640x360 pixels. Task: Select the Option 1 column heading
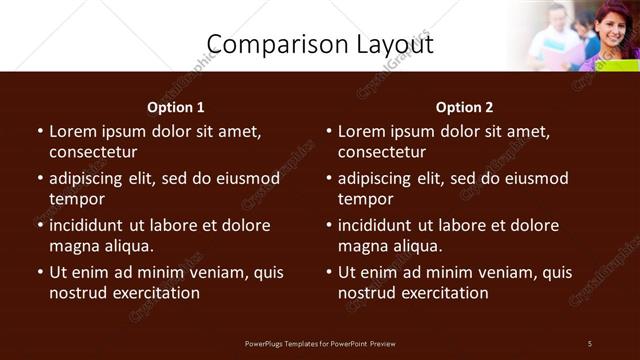176,107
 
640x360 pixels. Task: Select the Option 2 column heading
464,107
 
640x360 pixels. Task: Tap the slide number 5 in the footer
590,344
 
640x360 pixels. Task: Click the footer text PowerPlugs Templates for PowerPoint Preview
320,344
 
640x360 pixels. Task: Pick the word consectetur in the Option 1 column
93,152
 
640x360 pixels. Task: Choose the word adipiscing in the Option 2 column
374,179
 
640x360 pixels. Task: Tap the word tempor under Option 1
77,199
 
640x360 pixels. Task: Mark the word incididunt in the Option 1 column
92,225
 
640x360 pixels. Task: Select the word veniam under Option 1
222,272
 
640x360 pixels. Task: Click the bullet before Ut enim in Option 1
40,272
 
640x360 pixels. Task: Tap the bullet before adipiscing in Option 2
329,179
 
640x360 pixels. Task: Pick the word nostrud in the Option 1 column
77,293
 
